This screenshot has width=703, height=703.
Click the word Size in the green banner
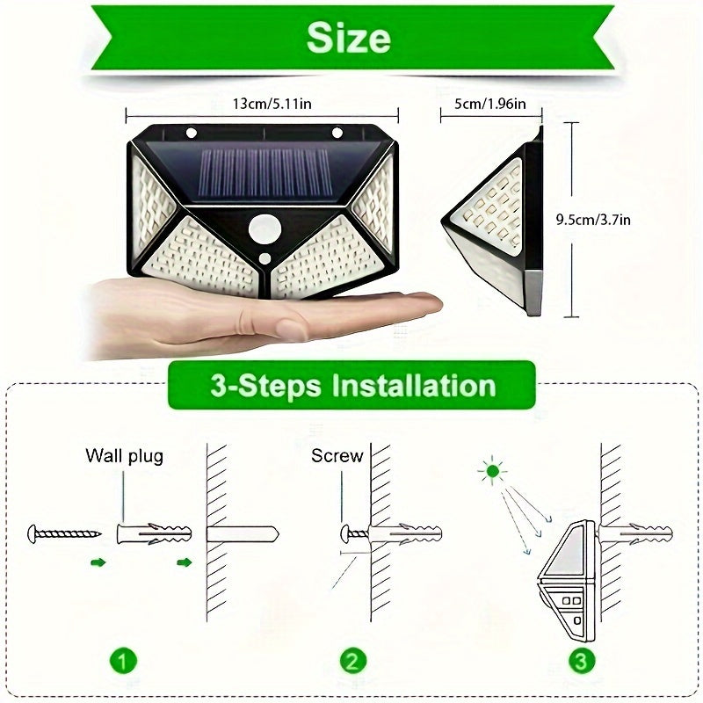[349, 39]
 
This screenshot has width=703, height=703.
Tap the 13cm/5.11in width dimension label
[271, 104]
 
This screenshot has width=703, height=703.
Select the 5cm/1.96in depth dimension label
[490, 104]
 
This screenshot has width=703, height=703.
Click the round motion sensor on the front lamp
[262, 231]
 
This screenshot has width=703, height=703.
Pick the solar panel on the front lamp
[263, 173]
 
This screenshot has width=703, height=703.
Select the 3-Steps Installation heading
[351, 385]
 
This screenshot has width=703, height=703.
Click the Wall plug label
[124, 455]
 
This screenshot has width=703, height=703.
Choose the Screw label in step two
[337, 455]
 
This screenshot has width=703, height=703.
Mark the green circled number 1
[123, 660]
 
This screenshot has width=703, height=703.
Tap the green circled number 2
[351, 660]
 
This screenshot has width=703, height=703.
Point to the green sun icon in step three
[492, 472]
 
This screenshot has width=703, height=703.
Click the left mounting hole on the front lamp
[191, 134]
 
